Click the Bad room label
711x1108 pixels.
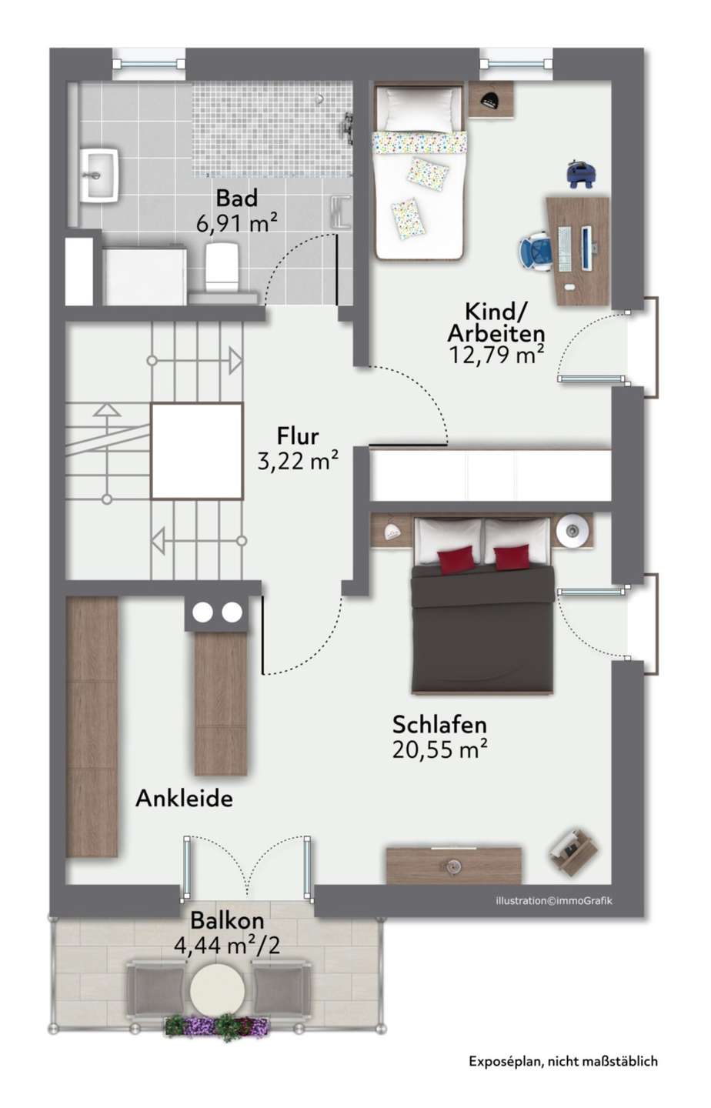[236, 198]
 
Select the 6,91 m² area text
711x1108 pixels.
[236, 223]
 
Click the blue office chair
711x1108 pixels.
[536, 251]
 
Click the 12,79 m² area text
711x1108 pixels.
[496, 355]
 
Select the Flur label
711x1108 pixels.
[298, 436]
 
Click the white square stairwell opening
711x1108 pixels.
[197, 451]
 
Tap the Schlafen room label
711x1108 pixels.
[439, 725]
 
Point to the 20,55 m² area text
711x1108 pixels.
[439, 749]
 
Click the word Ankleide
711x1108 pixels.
[184, 799]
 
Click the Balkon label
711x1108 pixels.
[228, 920]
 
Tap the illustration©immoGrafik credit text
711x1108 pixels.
[554, 900]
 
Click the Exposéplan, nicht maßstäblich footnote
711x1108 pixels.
[563, 1062]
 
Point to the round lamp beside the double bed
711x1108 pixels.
[574, 529]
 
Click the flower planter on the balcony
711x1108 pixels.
[217, 1026]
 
